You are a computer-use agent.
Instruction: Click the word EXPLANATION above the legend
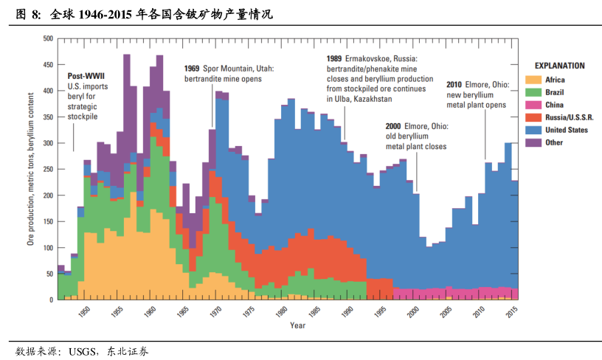click(559, 66)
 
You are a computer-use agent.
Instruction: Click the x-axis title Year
click(297, 325)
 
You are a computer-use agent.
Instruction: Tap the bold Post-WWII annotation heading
click(87, 76)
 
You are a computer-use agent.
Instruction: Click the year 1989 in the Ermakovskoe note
click(335, 58)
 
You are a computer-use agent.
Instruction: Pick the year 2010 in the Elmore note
click(455, 85)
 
